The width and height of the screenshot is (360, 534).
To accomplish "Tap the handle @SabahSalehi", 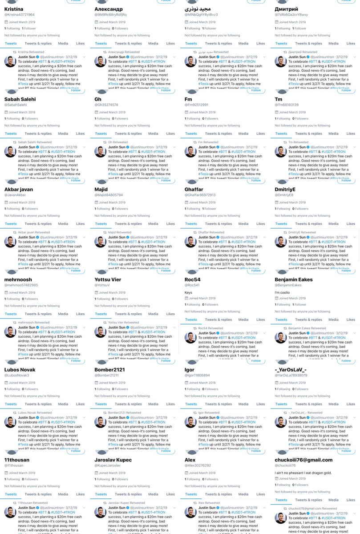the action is pyautogui.click(x=16, y=105).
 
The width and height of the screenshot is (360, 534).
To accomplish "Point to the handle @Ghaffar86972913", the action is pyautogui.click(x=200, y=195).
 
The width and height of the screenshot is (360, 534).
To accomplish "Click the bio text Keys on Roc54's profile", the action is pyautogui.click(x=189, y=292).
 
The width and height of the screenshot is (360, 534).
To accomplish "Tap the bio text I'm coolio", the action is pyautogui.click(x=283, y=292).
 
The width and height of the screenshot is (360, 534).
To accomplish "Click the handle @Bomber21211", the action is pyautogui.click(x=106, y=375).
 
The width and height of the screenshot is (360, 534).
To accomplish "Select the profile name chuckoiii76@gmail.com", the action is pyautogui.click(x=303, y=460).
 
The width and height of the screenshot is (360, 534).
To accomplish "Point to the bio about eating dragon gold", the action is pyautogui.click(x=303, y=473).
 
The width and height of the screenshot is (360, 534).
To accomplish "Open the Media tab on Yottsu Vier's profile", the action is pyautogui.click(x=153, y=314).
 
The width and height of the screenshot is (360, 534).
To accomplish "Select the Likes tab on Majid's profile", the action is pyautogui.click(x=170, y=224).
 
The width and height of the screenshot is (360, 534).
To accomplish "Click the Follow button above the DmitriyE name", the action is pyautogui.click(x=346, y=181).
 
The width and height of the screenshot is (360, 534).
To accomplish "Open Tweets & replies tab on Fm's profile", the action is pyautogui.click(x=219, y=133).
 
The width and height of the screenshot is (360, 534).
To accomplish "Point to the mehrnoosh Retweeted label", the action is pyautogui.click(x=33, y=323).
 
